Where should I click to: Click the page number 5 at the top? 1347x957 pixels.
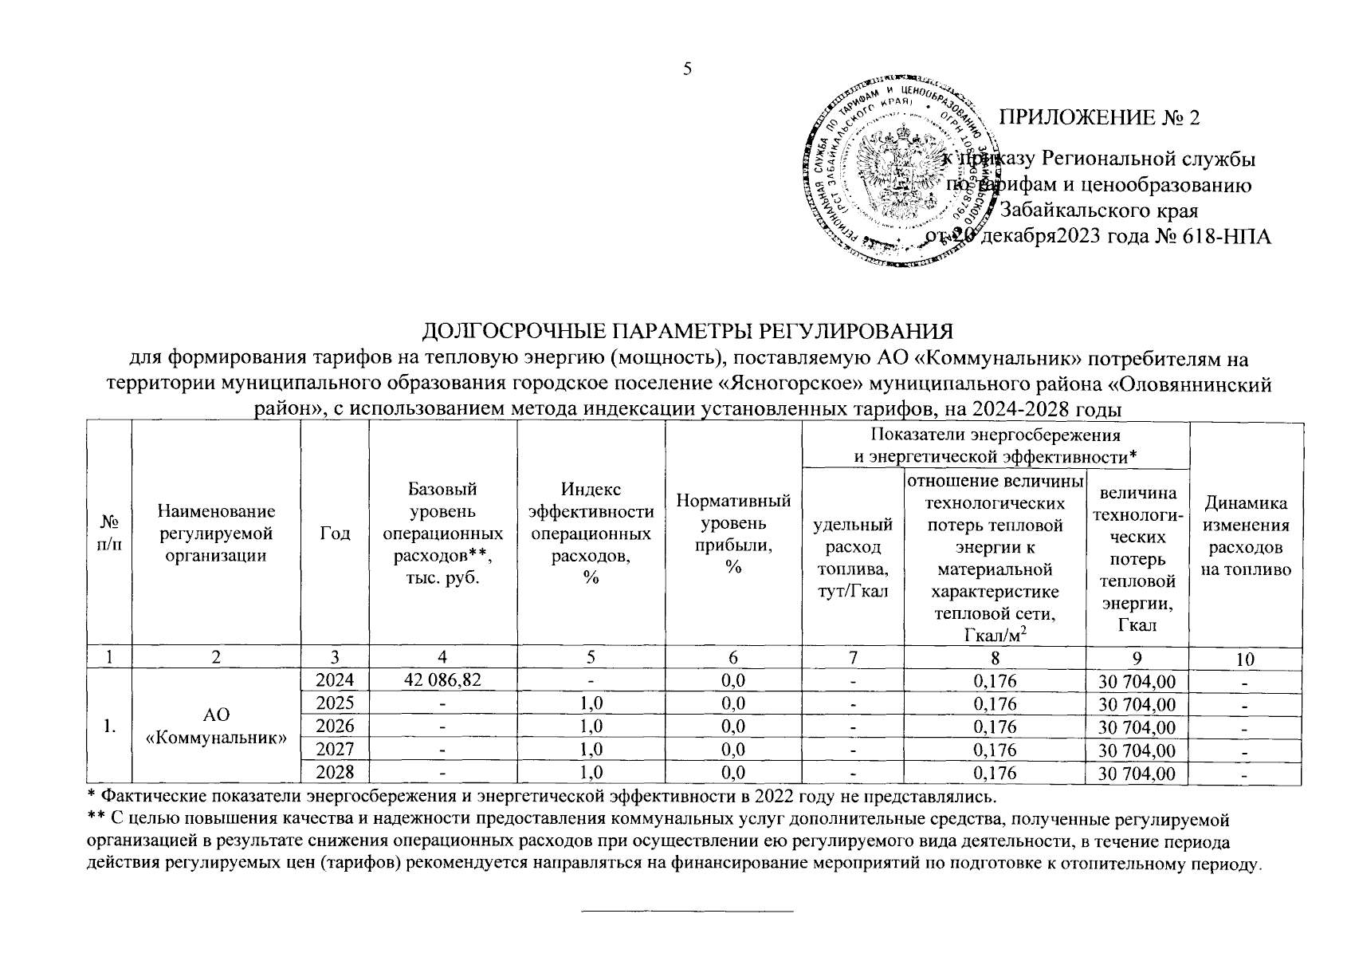coord(687,69)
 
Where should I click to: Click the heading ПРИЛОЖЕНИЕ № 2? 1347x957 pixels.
coord(1099,118)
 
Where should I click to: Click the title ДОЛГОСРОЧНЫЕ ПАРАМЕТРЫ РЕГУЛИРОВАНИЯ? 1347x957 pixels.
coord(687,330)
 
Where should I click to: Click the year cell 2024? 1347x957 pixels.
coord(334,680)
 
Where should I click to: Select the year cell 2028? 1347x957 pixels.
coord(334,772)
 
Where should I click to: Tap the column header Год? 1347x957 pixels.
coord(334,534)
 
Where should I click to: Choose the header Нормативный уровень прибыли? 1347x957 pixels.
coord(733,534)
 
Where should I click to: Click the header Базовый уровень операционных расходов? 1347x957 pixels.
coord(442,534)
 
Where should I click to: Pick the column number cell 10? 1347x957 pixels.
coord(1246,659)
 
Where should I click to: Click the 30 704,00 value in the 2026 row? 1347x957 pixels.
coord(1137,727)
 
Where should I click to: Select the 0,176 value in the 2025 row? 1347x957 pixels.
coord(995,703)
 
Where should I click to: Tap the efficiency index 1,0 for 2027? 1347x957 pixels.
coord(591,749)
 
